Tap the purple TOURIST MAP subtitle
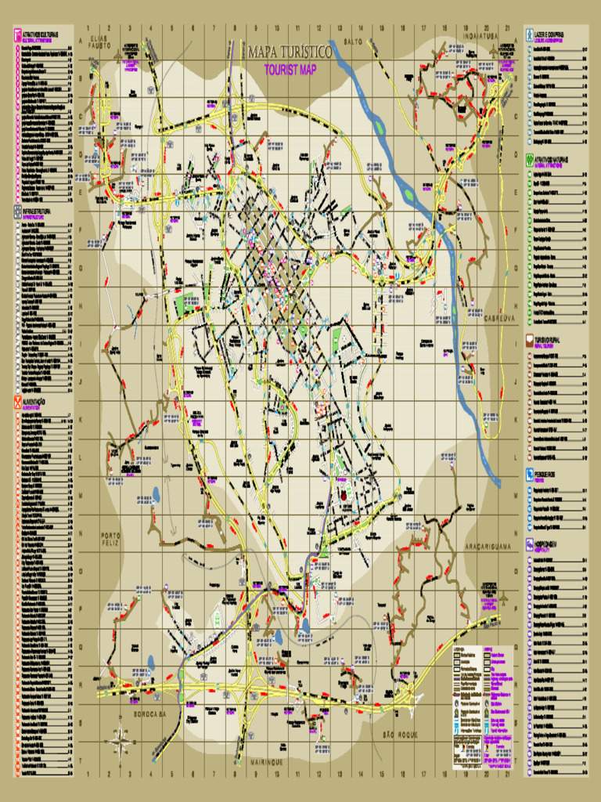(x=290, y=70)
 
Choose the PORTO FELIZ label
(x=112, y=539)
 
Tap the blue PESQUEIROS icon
(x=530, y=474)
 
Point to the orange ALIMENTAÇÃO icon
(x=18, y=403)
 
